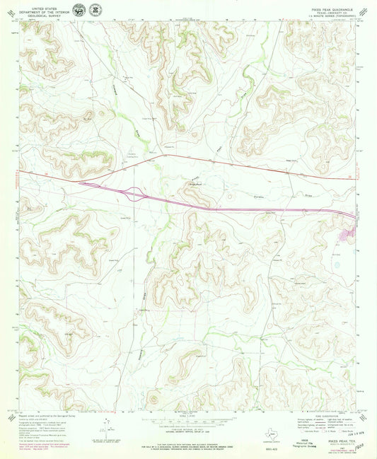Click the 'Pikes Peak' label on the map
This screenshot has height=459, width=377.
(x=195, y=185)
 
